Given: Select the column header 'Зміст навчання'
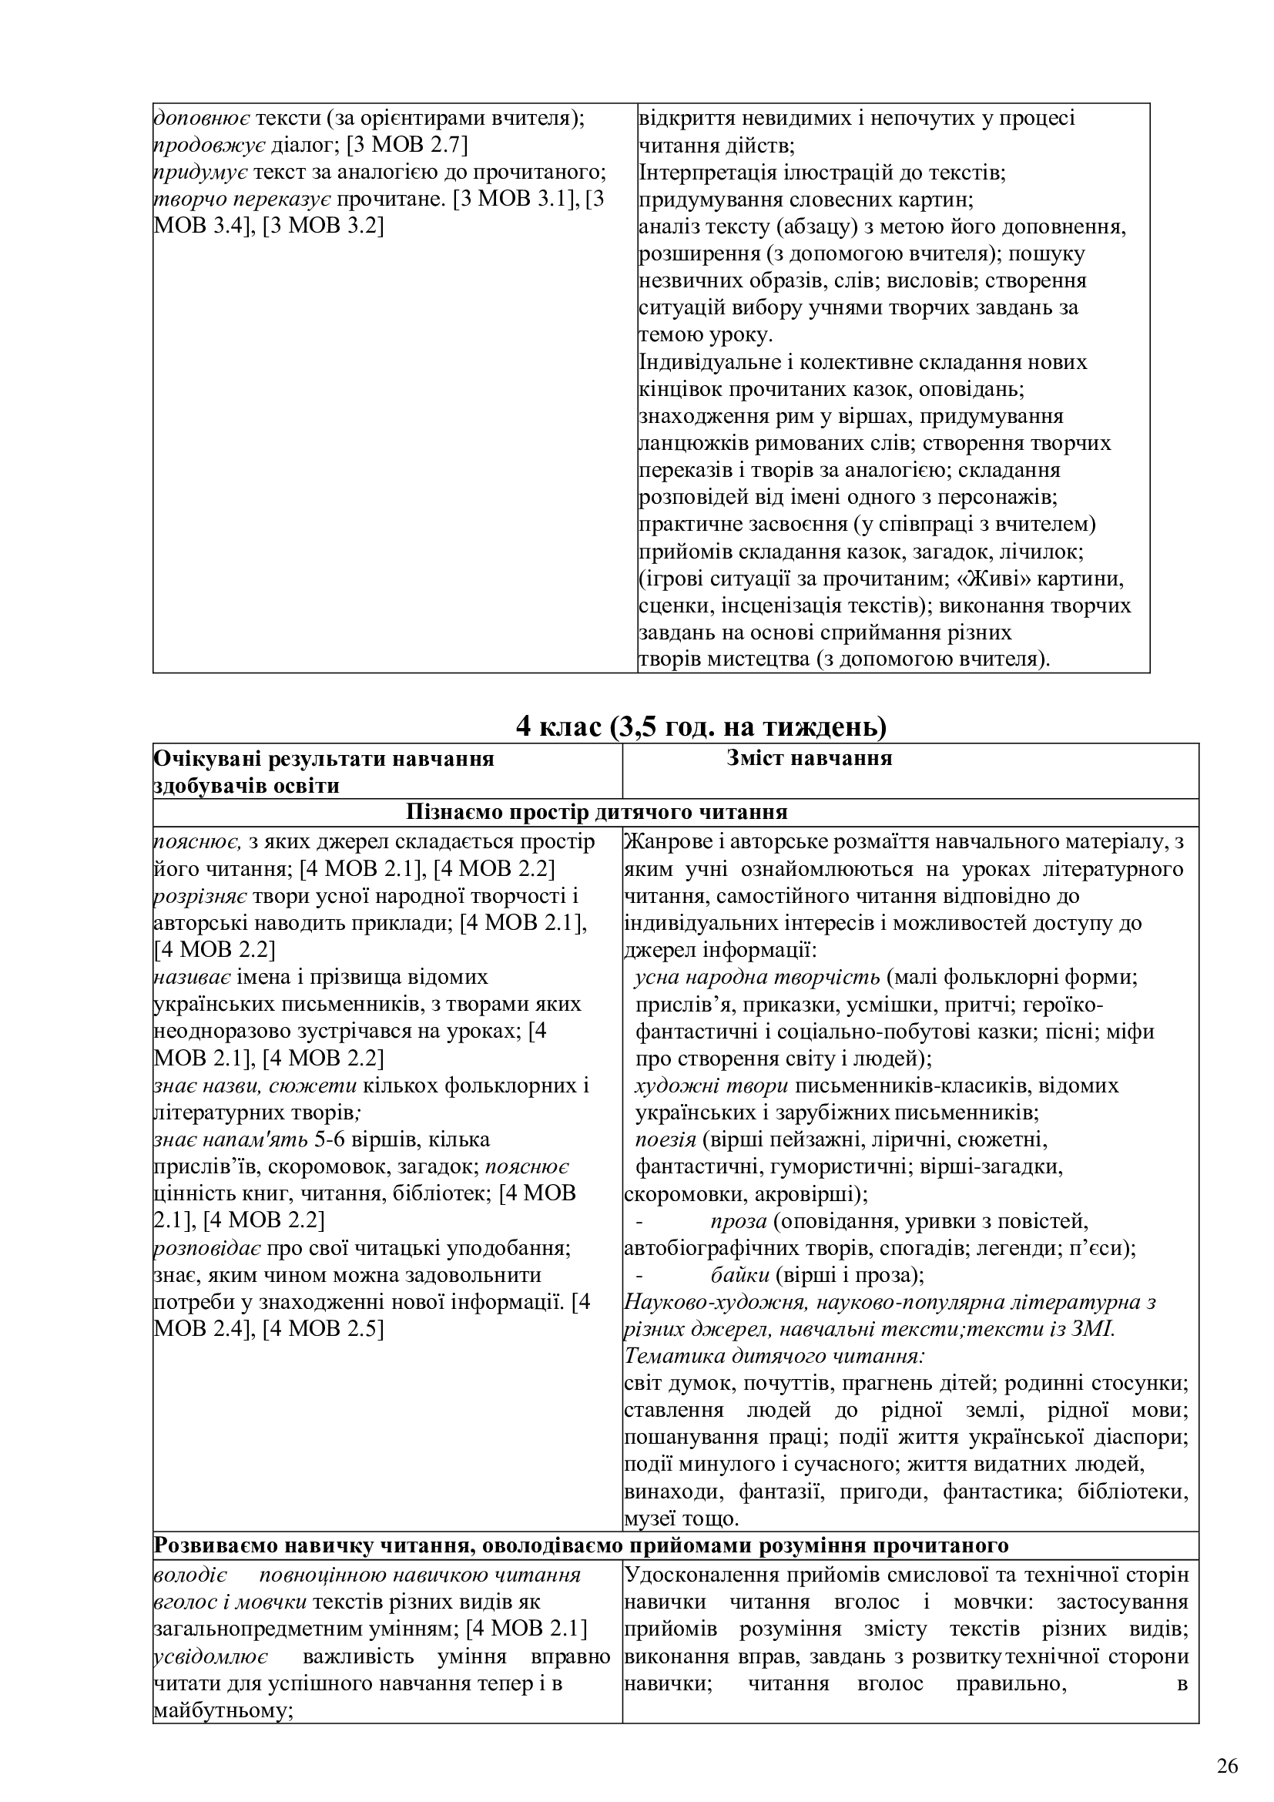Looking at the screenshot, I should pos(809,759).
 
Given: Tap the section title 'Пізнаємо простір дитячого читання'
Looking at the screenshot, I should pos(596,812).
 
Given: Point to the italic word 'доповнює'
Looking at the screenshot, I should pos(202,119).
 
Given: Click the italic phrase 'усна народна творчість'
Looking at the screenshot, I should pos(757,977).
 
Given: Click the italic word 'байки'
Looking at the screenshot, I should pos(738,1274).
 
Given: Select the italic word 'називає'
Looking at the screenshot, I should pos(193,977).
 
